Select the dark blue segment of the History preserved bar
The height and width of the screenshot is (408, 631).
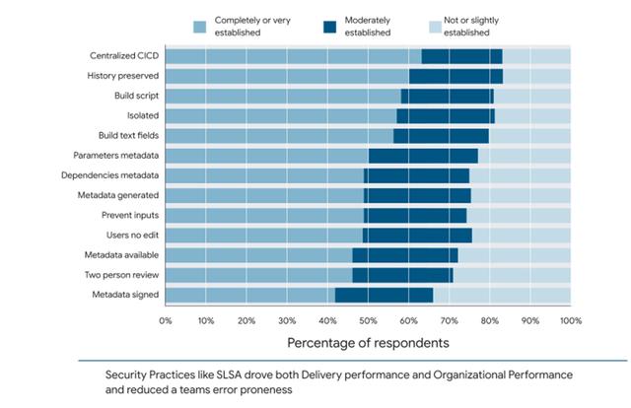coord(456,76)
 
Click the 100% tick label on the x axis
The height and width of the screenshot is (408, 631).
coord(570,320)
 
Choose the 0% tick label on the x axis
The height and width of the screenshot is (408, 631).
coord(166,320)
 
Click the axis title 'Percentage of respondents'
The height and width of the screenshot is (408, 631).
coord(368,343)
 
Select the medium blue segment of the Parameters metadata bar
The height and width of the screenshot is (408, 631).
coord(267,155)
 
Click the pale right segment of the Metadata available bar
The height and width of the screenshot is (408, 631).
coord(514,254)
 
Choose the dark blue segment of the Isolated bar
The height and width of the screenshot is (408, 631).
coord(445,115)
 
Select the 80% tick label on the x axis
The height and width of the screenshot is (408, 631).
coord(489,320)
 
